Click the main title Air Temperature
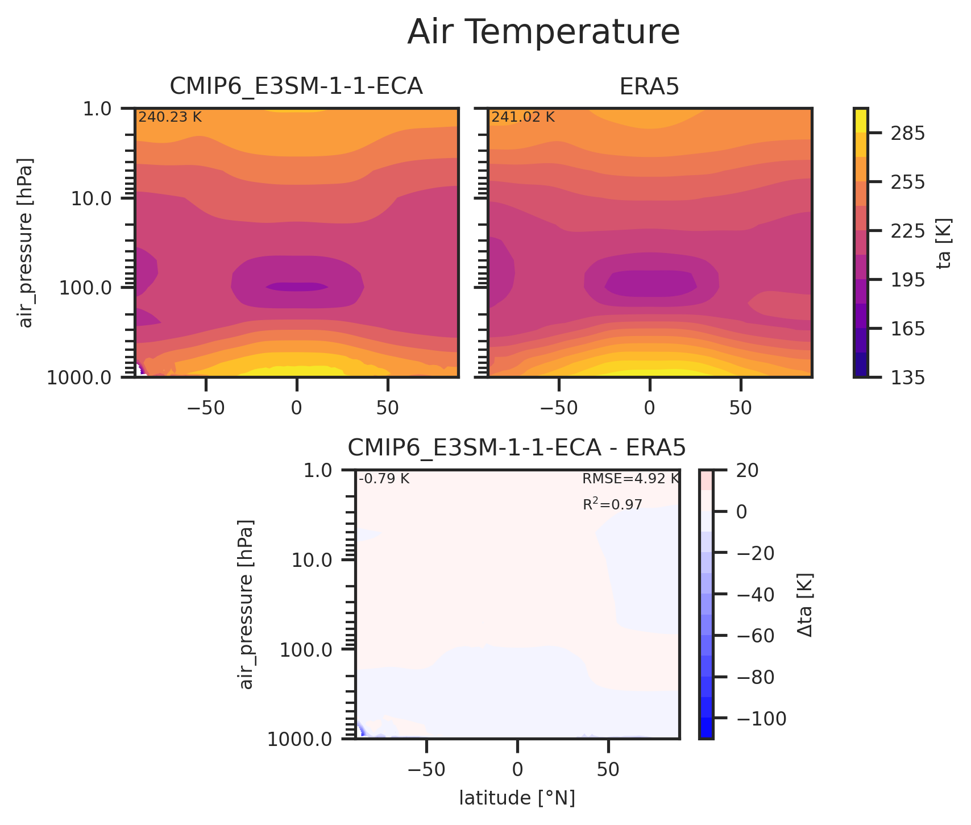pos(543,32)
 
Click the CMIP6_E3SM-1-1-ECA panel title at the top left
pos(296,86)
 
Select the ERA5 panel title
pos(649,86)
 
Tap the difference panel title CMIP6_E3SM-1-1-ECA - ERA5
pos(517,448)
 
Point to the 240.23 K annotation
pos(170,118)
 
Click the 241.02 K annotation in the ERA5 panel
pos(523,118)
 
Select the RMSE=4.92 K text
pos(630,479)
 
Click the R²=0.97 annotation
pos(612,504)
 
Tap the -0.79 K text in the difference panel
pos(384,479)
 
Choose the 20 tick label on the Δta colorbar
pos(746,470)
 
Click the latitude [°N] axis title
pos(517,798)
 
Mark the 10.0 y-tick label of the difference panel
pos(315,561)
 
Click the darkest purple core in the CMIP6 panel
pos(296,287)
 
